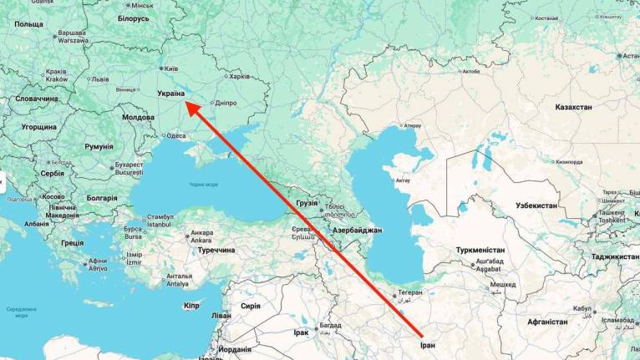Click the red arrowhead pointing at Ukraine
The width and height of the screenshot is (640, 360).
(x=190, y=107)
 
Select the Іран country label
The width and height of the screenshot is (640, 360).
(x=429, y=343)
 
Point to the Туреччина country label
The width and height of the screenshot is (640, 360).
(x=210, y=250)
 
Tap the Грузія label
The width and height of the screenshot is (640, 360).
(x=307, y=203)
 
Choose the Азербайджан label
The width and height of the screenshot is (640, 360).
(x=358, y=230)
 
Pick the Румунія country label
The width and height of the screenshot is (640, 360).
(x=99, y=146)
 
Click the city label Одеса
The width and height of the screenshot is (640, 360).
(x=176, y=135)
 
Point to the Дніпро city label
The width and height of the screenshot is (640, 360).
(x=226, y=104)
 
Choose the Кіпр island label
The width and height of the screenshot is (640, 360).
(x=191, y=306)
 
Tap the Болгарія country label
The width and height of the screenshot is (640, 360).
(x=102, y=198)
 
